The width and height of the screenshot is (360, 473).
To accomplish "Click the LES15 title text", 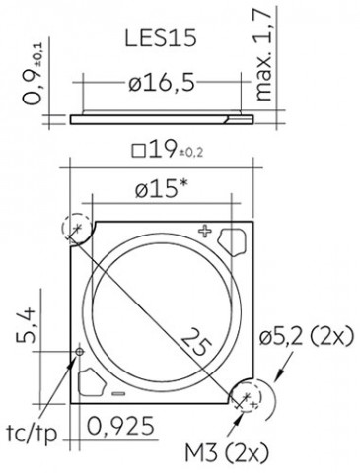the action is point(161,37).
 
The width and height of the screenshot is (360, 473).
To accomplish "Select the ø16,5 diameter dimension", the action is point(162,83).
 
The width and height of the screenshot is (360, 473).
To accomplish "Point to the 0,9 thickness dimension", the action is point(34,74).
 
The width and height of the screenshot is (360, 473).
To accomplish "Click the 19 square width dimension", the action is point(168,151).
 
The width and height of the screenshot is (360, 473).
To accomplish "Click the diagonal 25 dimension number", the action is point(196,343).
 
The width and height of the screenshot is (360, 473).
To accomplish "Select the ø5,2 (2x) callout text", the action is point(307,336).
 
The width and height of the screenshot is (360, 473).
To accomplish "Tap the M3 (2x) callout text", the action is point(227,453).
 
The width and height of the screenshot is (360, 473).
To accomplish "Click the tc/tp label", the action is point(32,434).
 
